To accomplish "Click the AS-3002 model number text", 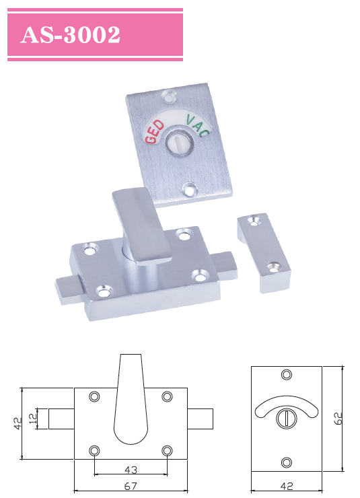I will pyautogui.click(x=71, y=35).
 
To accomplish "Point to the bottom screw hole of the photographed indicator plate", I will pyautogui.click(x=190, y=190).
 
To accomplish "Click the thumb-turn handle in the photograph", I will pyautogui.click(x=138, y=225).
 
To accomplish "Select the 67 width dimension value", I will pyautogui.click(x=131, y=486).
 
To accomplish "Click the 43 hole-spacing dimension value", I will pyautogui.click(x=131, y=469).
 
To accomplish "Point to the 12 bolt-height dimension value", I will pyautogui.click(x=34, y=419).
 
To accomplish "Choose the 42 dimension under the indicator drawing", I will pyautogui.click(x=286, y=486).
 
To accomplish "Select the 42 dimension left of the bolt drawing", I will pyautogui.click(x=17, y=423).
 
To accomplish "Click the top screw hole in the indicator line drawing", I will pyautogui.click(x=287, y=375).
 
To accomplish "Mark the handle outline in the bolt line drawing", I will pyautogui.click(x=131, y=404).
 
